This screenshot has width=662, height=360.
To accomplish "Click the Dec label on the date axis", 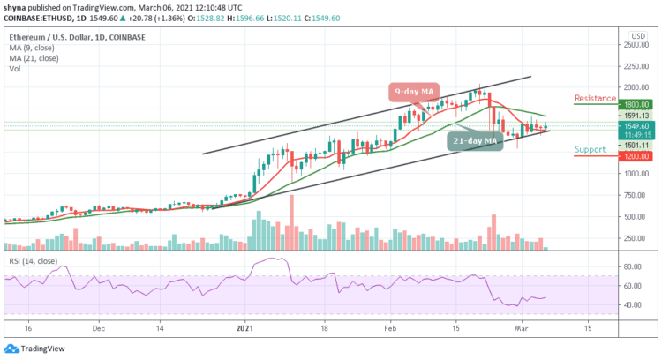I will [99, 327].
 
